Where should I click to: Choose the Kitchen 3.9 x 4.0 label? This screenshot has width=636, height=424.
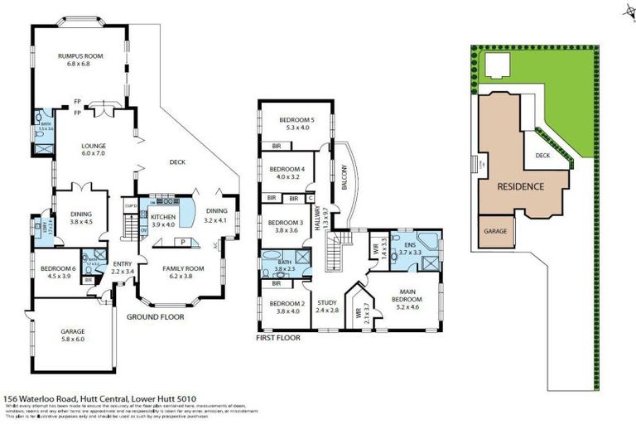(x=161, y=220)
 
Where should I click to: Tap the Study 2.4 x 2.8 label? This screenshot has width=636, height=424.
(x=329, y=306)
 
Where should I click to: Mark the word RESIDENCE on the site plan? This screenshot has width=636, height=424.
(x=520, y=186)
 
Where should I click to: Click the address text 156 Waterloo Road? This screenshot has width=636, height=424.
(x=41, y=397)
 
